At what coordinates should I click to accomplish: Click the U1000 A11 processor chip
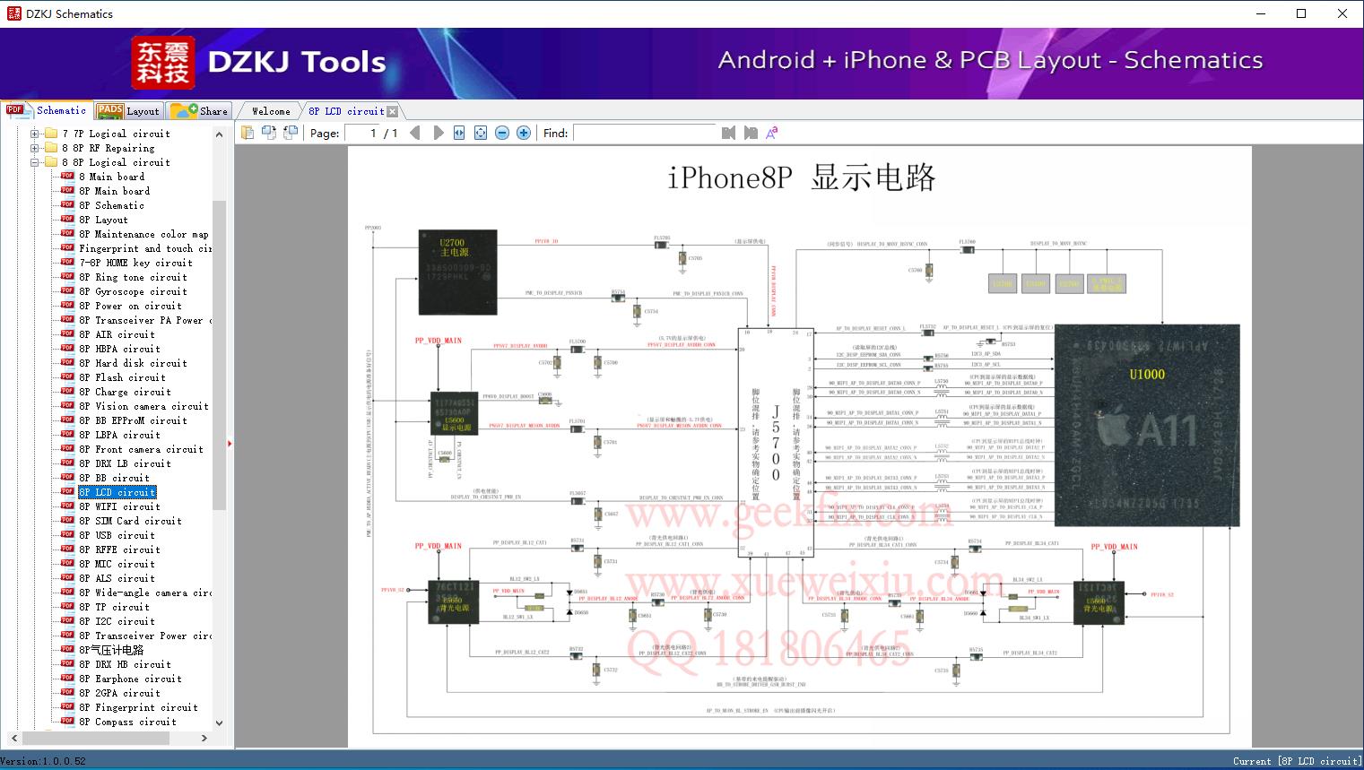click(x=1146, y=425)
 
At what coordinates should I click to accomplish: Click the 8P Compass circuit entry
click(x=127, y=722)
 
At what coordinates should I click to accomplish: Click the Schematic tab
click(x=48, y=110)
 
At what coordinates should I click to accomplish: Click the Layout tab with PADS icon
click(x=128, y=111)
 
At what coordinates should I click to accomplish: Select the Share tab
click(x=201, y=111)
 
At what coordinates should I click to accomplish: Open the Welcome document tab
click(x=271, y=111)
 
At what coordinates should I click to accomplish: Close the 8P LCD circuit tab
click(x=393, y=112)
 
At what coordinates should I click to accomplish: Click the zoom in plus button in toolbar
click(x=524, y=133)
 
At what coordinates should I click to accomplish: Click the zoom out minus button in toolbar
click(x=502, y=133)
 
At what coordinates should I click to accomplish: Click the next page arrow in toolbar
click(x=438, y=133)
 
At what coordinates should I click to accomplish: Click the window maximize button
click(x=1301, y=13)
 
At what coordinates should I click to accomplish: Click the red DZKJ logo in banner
click(x=163, y=63)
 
